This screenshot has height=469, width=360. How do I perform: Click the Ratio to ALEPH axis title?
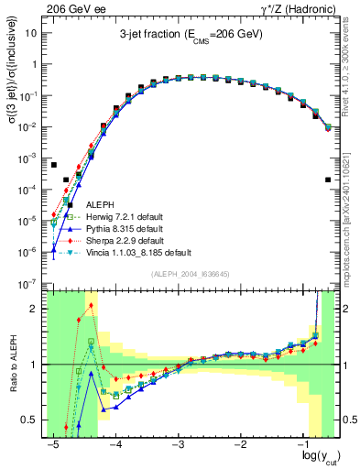(12, 364)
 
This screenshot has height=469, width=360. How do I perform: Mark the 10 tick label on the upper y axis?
(31, 33)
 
